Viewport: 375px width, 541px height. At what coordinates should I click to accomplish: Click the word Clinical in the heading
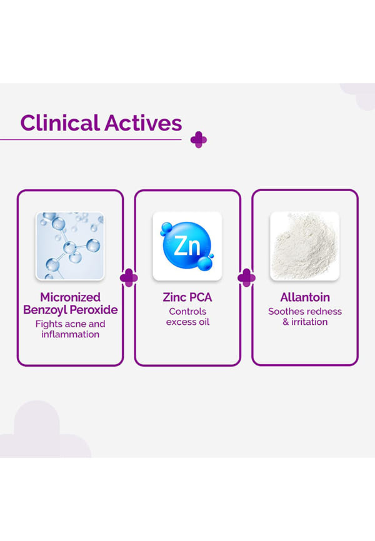(x=60, y=122)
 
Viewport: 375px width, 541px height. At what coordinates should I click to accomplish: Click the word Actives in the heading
(x=143, y=122)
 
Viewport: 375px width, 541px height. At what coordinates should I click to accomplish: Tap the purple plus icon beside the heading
(x=199, y=139)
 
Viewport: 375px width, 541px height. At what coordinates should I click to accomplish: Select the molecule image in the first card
(x=70, y=246)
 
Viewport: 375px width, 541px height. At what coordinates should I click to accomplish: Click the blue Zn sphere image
(x=187, y=246)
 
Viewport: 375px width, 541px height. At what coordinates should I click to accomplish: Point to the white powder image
(x=304, y=246)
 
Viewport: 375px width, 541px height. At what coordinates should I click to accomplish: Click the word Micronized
(x=70, y=297)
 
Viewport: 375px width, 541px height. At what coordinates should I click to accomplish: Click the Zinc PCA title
(x=187, y=297)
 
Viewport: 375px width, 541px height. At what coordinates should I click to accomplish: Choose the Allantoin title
(x=304, y=297)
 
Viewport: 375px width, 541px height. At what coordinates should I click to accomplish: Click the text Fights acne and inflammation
(x=70, y=329)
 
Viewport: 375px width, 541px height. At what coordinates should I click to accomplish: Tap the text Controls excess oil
(x=187, y=316)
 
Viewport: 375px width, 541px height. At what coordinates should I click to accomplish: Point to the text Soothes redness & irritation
(x=304, y=316)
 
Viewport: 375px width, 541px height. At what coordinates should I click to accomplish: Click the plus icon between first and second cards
(x=129, y=277)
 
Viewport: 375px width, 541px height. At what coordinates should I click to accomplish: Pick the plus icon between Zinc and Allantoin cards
(x=246, y=277)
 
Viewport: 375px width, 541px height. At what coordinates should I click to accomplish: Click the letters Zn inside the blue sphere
(x=187, y=246)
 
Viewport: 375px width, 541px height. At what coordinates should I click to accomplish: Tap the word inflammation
(x=70, y=334)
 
